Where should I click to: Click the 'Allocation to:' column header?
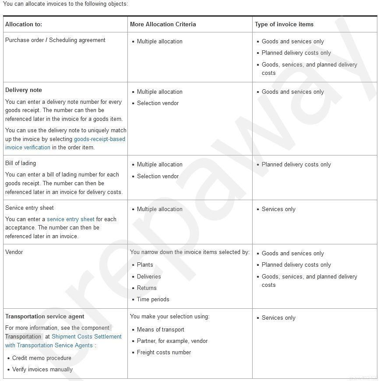[24, 25]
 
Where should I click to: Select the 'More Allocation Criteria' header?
[163, 25]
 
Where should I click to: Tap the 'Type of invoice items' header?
[284, 25]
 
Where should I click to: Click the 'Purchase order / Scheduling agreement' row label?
[55, 40]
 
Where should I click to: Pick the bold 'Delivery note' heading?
[24, 90]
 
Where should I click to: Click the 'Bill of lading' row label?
[21, 163]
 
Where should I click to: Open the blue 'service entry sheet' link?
[70, 219]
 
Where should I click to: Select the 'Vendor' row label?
[14, 252]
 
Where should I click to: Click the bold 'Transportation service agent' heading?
[45, 317]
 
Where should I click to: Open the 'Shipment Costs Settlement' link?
[86, 337]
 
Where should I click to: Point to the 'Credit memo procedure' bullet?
[42, 358]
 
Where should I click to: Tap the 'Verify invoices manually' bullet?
[42, 370]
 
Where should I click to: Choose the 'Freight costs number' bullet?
[164, 353]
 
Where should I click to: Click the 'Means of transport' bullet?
[160, 330]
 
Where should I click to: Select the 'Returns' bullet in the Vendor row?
[147, 288]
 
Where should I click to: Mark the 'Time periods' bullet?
[153, 300]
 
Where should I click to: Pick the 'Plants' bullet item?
[145, 265]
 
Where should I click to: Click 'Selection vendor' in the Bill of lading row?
[158, 176]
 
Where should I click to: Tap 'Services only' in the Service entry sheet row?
[278, 209]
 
